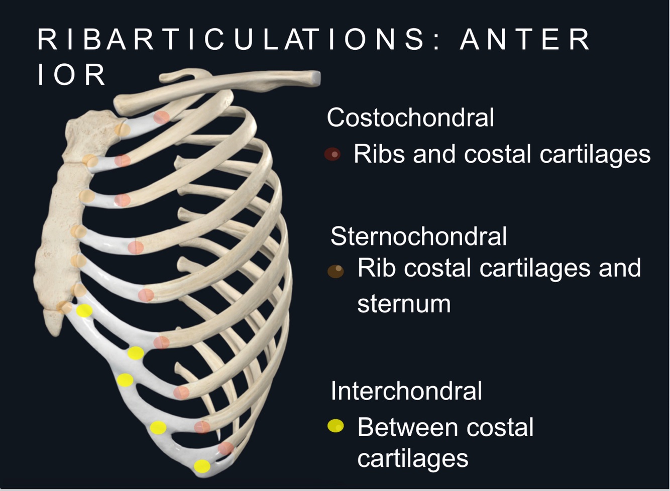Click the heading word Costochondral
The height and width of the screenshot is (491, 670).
click(410, 118)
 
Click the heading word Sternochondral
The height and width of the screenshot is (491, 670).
click(418, 236)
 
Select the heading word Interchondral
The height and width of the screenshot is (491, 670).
click(406, 391)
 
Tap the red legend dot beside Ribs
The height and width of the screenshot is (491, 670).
click(332, 155)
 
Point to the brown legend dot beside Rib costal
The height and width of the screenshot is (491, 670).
click(336, 271)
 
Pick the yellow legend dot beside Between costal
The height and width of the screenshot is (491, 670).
click(336, 426)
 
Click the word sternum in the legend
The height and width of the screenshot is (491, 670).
click(404, 304)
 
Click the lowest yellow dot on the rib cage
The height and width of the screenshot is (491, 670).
click(202, 466)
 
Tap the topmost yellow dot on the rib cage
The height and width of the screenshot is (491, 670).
click(84, 311)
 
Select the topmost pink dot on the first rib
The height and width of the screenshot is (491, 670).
click(161, 117)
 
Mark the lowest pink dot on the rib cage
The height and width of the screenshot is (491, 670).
click(226, 448)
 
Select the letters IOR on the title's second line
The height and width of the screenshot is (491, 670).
click(72, 75)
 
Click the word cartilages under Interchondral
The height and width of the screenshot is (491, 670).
click(412, 458)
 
